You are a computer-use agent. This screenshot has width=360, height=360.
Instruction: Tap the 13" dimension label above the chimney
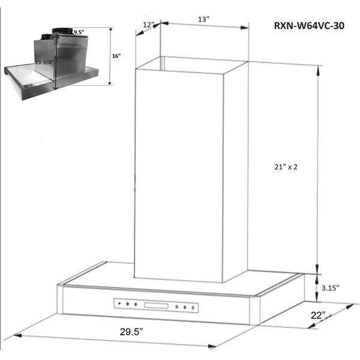204,19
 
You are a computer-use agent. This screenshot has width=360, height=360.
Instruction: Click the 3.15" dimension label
329,288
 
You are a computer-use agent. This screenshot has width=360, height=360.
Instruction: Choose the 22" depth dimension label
317,316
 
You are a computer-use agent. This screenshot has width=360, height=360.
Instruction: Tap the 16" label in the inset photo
116,56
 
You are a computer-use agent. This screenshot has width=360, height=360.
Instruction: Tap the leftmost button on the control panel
119,304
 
